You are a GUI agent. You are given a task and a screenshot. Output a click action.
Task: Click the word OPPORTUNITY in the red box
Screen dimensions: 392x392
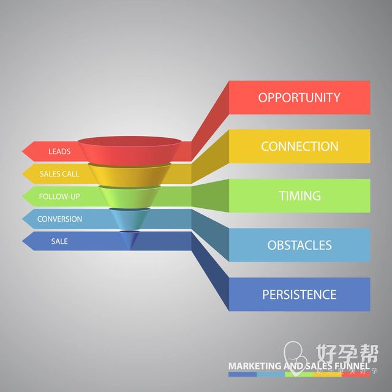pyautogui.click(x=299, y=97)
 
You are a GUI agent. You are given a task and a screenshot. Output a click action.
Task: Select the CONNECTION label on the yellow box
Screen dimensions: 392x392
pyautogui.click(x=300, y=146)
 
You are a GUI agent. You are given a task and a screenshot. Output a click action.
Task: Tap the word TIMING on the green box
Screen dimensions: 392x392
pyautogui.click(x=300, y=196)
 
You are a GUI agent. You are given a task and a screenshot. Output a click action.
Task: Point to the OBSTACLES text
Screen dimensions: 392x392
pyautogui.click(x=300, y=245)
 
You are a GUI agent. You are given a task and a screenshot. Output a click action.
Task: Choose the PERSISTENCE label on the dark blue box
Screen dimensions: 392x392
pyautogui.click(x=300, y=295)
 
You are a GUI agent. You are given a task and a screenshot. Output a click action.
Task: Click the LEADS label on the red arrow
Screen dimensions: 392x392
pyautogui.click(x=59, y=151)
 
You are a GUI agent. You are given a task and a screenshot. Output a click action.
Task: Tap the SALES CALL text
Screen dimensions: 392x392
pyautogui.click(x=59, y=174)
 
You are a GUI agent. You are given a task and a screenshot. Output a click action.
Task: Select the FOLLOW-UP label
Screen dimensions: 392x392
pyautogui.click(x=59, y=197)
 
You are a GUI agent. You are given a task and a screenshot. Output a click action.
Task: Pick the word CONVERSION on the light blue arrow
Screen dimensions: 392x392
pyautogui.click(x=59, y=219)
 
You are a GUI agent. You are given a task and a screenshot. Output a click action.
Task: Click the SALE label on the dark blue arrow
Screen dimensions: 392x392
pyautogui.click(x=59, y=241)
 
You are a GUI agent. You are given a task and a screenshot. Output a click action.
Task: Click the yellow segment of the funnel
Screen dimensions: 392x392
pyautogui.click(x=130, y=175)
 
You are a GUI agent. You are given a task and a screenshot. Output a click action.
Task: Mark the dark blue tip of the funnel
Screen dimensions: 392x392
pyautogui.click(x=130, y=239)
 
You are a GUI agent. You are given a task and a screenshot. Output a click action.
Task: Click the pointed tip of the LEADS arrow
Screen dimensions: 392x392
pyautogui.click(x=23, y=151)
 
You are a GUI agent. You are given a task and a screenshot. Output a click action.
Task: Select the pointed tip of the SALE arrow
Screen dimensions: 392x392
pyautogui.click(x=23, y=241)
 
